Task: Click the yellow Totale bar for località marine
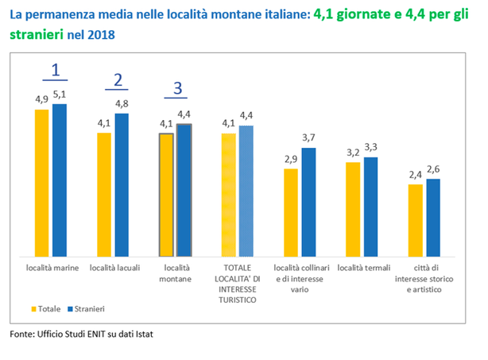pos(41,183)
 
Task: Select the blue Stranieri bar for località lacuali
pos(122,185)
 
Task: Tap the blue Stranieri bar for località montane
pos(184,190)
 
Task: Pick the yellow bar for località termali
pos(353,209)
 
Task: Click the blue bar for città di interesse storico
pos(433,218)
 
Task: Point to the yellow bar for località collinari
pos(291,213)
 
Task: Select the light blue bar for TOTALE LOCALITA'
pos(246,191)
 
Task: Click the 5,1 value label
pos(60,95)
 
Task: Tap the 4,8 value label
pos(122,103)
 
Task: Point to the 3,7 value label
pos(308,137)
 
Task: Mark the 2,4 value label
pos(415,175)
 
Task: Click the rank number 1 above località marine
pos(56,70)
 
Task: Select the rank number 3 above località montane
pos(177,88)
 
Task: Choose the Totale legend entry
pos(46,309)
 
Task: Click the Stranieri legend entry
pos(86,309)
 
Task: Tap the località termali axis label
pos(364,268)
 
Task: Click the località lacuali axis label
pos(114,268)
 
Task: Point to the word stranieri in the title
pos(37,34)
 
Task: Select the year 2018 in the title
pos(101,35)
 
